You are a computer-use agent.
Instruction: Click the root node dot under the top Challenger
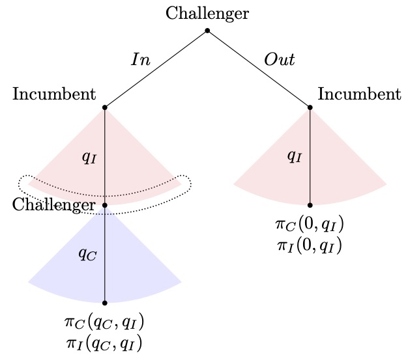pyautogui.click(x=207, y=31)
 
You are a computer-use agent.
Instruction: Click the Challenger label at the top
pyautogui.click(x=207, y=13)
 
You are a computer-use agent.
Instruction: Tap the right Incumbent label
pyautogui.click(x=359, y=94)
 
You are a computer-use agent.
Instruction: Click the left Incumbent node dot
pyautogui.click(x=105, y=107)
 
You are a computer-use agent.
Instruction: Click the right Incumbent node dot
pyautogui.click(x=310, y=107)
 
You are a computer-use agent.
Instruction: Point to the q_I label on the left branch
pyautogui.click(x=89, y=158)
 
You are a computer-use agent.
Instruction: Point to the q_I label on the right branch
pyautogui.click(x=295, y=157)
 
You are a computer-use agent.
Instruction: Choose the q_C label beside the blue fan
pyautogui.click(x=87, y=255)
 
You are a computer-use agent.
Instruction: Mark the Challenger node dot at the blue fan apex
pyautogui.click(x=105, y=204)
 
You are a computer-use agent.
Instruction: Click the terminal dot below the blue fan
pyautogui.click(x=105, y=303)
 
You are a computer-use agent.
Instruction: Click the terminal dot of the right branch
pyautogui.click(x=310, y=204)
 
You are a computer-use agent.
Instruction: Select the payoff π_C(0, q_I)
pyautogui.click(x=310, y=226)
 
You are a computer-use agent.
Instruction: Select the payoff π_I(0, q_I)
pyautogui.click(x=310, y=245)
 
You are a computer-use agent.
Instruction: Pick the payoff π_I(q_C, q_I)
pyautogui.click(x=105, y=343)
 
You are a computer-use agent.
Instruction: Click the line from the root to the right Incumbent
pyautogui.click(x=259, y=68)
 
